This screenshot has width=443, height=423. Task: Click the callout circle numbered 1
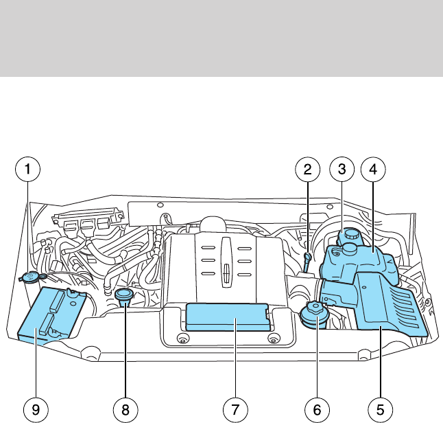click(x=28, y=168)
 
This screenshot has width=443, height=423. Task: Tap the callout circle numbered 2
click(x=308, y=168)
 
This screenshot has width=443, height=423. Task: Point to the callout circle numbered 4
click(x=374, y=168)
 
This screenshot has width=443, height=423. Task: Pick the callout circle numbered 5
click(x=376, y=410)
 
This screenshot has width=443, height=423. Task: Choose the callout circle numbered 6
click(x=318, y=410)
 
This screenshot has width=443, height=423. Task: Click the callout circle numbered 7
click(x=235, y=410)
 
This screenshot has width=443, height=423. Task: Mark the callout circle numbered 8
click(x=125, y=410)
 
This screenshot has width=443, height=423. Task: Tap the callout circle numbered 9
click(x=35, y=410)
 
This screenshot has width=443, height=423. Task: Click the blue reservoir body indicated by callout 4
click(x=363, y=264)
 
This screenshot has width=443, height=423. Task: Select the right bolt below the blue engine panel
click(x=273, y=339)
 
